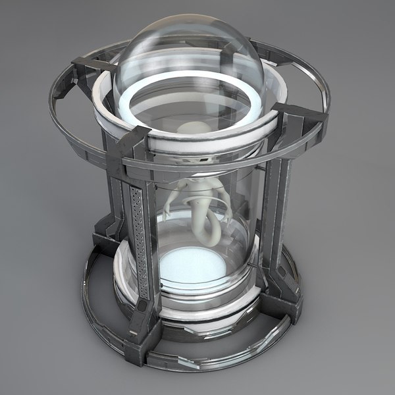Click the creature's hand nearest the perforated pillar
tap(169, 211)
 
